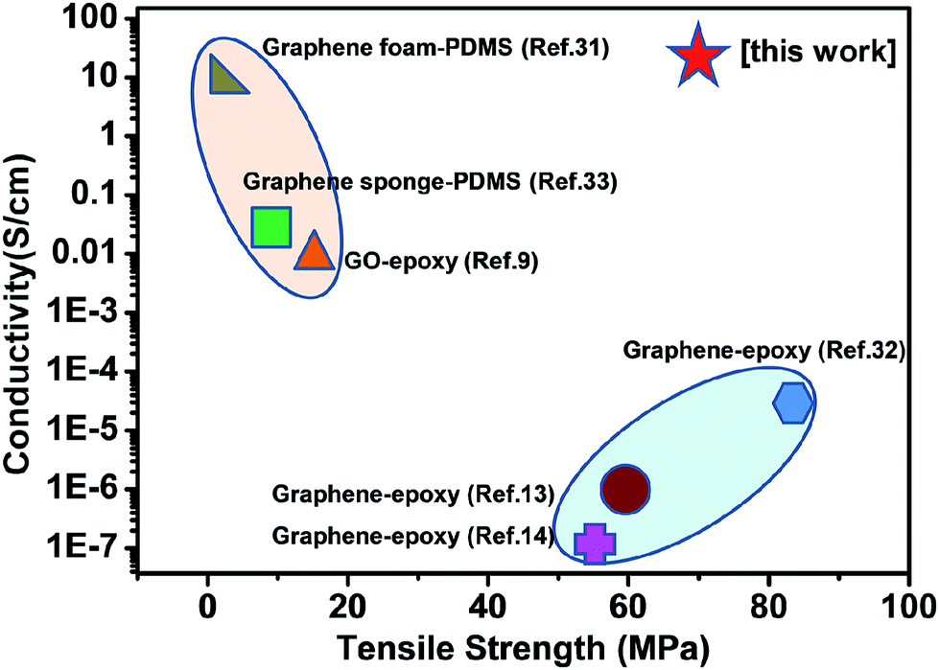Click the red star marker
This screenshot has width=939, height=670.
click(699, 57)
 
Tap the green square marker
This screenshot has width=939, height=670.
click(270, 227)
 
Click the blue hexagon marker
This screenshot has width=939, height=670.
click(792, 403)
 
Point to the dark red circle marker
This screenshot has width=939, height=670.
click(625, 489)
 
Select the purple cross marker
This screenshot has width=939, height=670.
click(594, 543)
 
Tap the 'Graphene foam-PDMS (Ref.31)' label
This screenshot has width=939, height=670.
click(436, 47)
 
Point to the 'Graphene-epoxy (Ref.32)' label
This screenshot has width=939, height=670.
click(763, 350)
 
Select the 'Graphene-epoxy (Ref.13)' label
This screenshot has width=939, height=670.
click(413, 495)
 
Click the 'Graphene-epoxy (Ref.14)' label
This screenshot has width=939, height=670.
click(413, 536)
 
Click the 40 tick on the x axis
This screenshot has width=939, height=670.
click(488, 606)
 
